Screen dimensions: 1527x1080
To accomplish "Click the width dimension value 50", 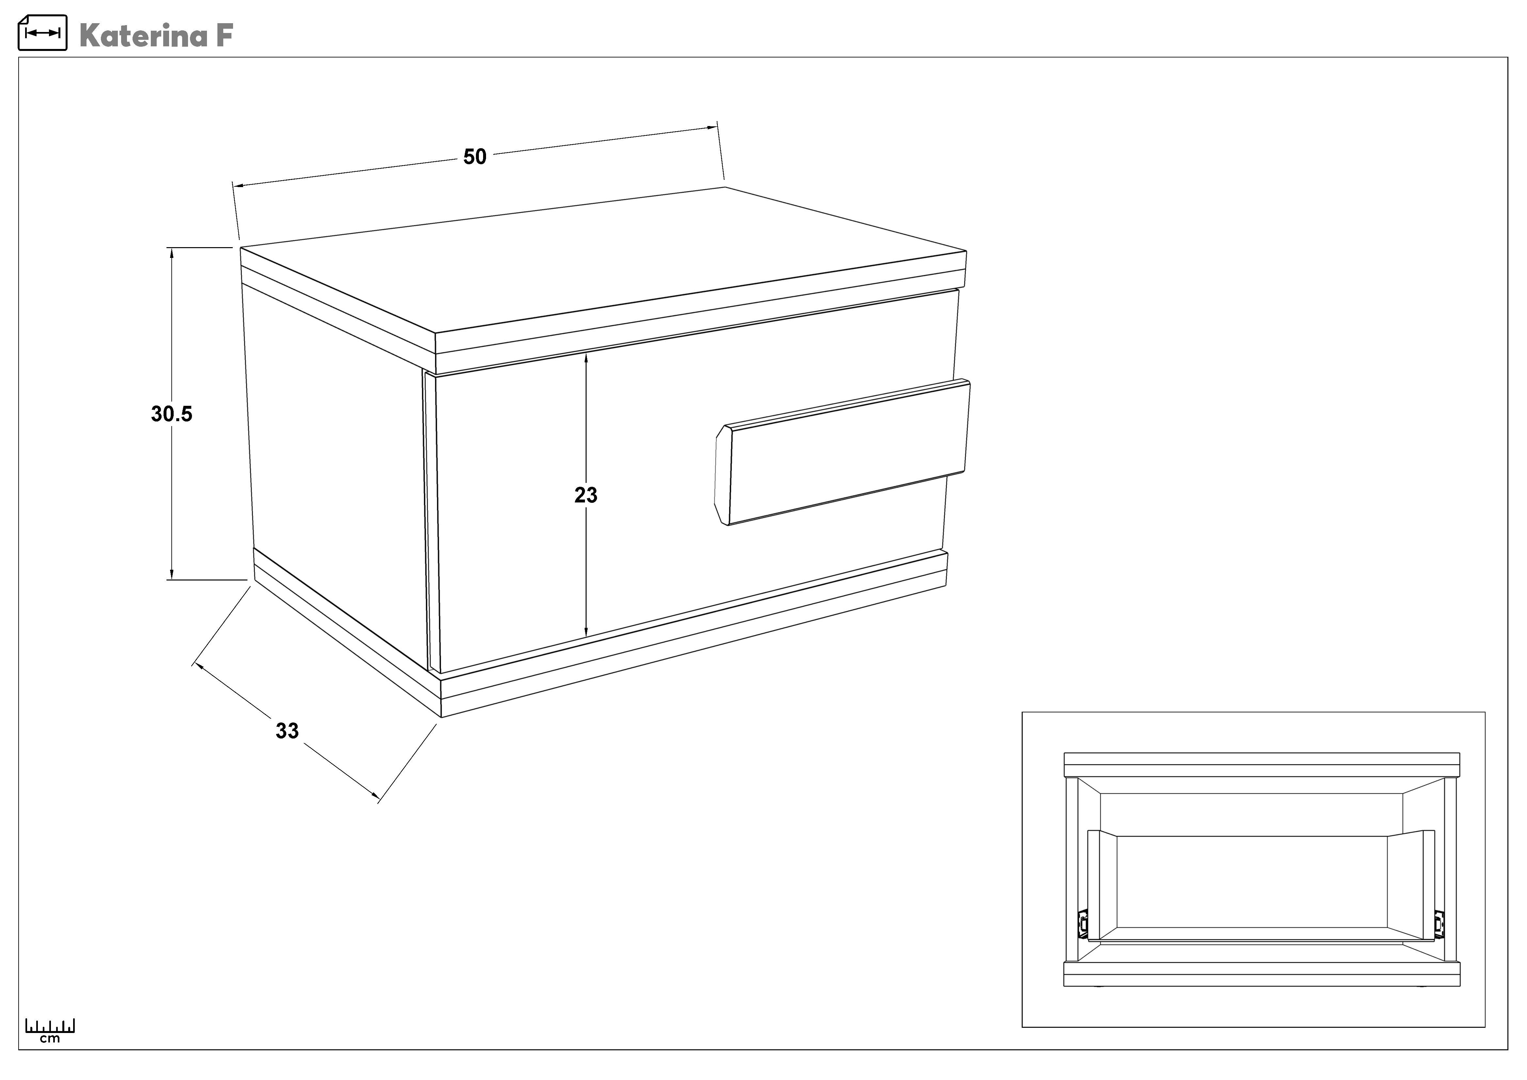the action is tap(475, 157).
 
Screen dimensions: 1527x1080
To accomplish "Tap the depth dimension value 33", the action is tap(287, 731).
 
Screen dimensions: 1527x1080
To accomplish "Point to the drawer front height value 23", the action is tap(586, 495).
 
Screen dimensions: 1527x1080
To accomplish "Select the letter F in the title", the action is tap(225, 35).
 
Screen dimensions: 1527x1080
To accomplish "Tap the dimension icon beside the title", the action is tap(42, 33).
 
